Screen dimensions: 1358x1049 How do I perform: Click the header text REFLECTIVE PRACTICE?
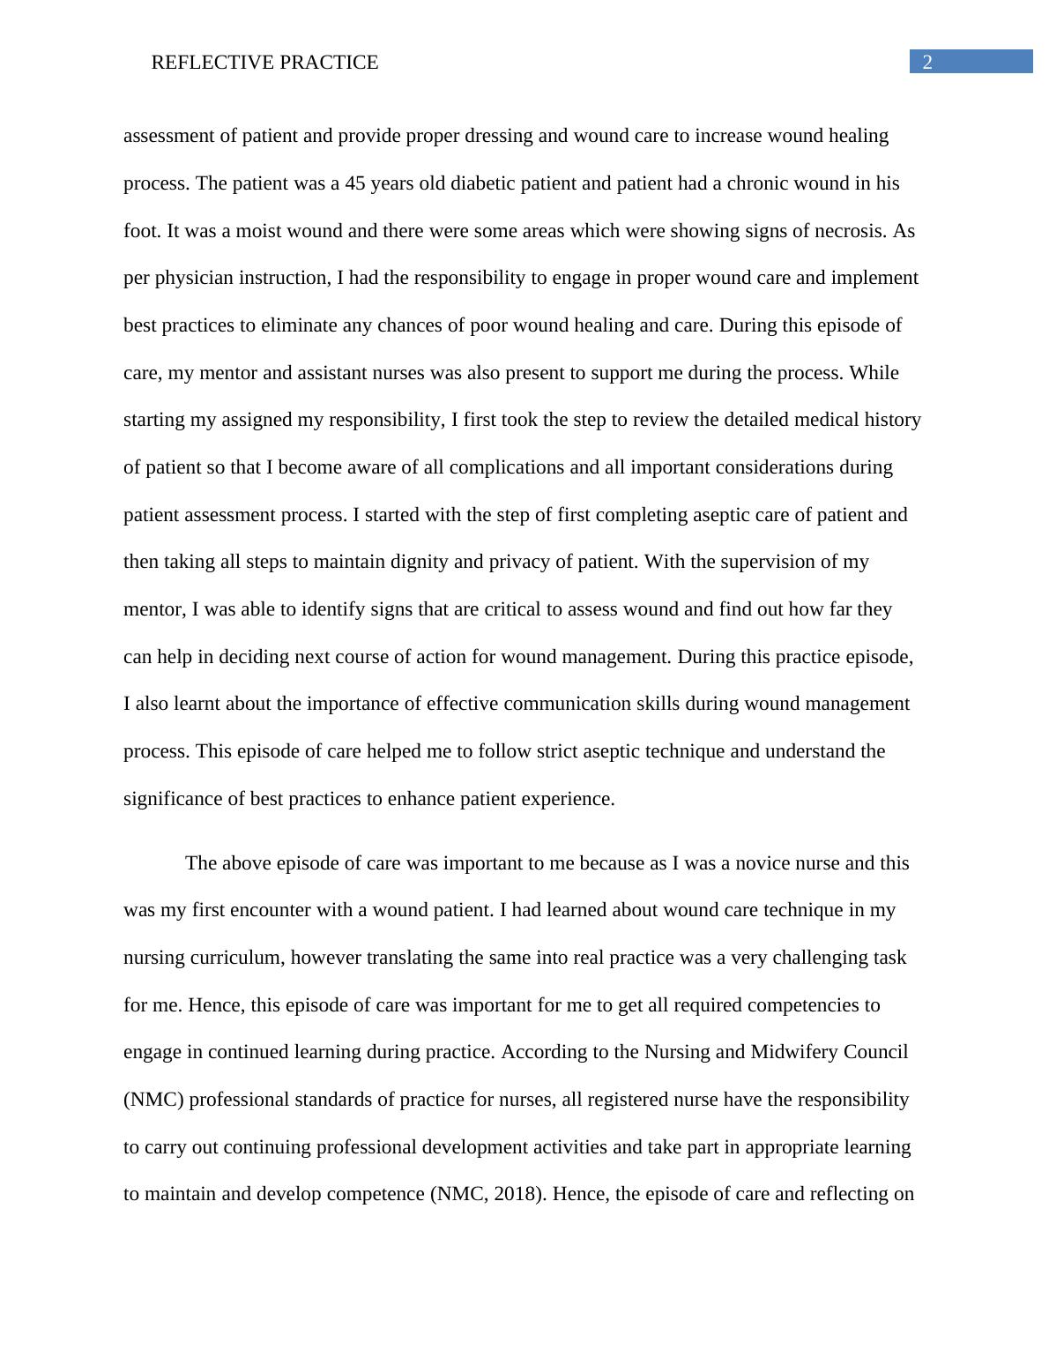pos(264,63)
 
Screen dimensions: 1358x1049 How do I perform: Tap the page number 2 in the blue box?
pos(927,62)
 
